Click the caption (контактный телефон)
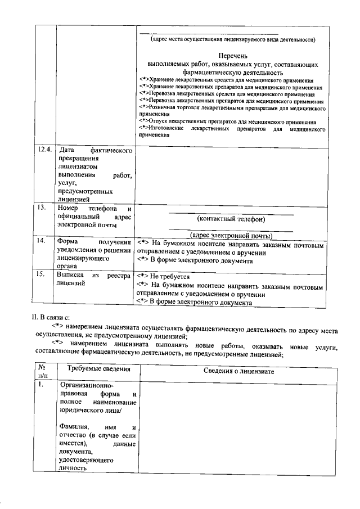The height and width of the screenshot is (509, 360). pos(231,219)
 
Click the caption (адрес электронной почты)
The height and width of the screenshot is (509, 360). pos(231,235)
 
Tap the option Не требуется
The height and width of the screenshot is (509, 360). pos(169,276)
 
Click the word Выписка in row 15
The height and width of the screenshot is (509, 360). pos(70,276)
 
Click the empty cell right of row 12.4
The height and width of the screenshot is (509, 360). pos(231,174)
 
